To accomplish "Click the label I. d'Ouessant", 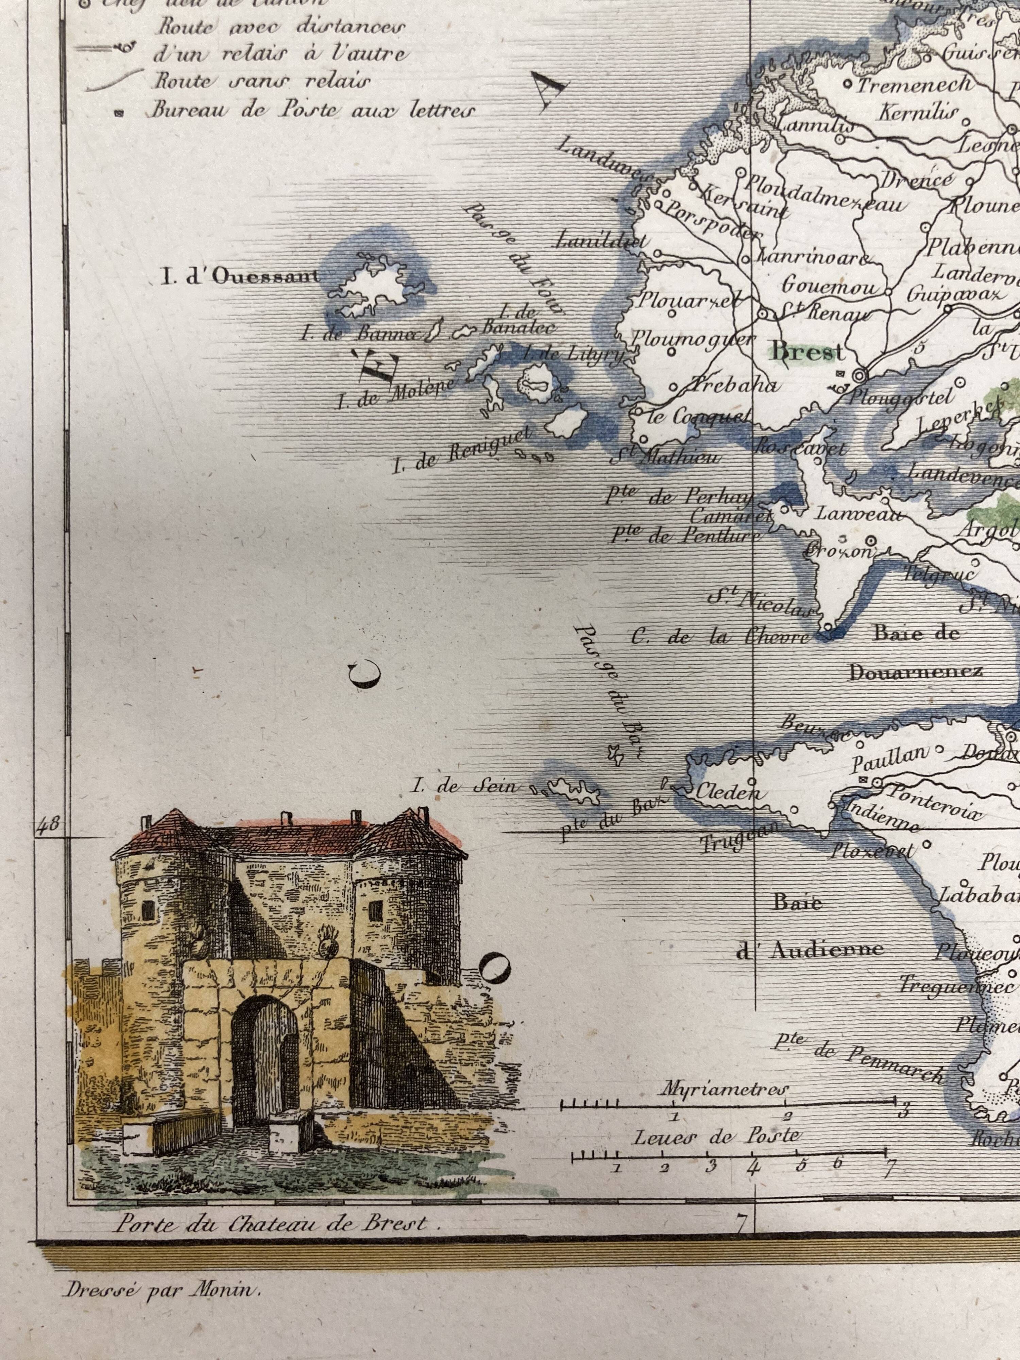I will coord(240,277).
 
